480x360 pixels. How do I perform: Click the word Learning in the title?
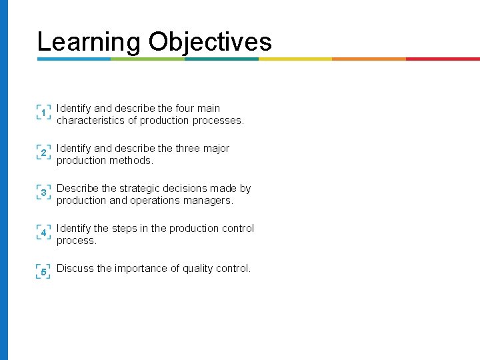pyautogui.click(x=89, y=41)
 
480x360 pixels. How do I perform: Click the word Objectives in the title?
pyautogui.click(x=210, y=41)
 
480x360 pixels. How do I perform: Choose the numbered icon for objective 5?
pyautogui.click(x=43, y=272)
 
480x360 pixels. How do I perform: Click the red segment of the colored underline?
pyautogui.click(x=443, y=59)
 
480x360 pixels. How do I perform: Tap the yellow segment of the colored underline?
pyautogui.click(x=295, y=59)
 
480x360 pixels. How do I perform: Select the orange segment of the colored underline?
pyautogui.click(x=369, y=59)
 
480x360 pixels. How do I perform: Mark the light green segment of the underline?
pyautogui.click(x=147, y=59)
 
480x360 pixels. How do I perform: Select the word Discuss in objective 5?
pyautogui.click(x=75, y=269)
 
